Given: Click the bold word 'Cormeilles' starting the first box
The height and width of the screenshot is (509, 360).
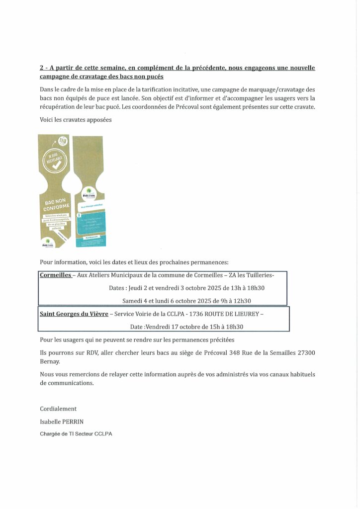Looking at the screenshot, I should coord(56,275).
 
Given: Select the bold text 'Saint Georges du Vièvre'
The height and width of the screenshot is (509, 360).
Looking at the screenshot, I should coord(74,314).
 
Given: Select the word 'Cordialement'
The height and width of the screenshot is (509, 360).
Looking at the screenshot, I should coord(58,409).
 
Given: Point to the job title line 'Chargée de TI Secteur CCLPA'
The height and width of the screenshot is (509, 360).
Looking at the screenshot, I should coord(76,434).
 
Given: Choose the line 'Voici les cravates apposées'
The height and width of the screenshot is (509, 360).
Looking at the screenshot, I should coord(76,120).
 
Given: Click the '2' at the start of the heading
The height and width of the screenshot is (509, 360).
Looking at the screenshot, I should coord(42,68).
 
